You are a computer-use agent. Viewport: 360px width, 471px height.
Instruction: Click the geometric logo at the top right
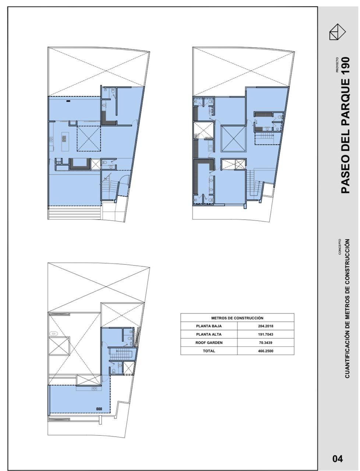click(337, 32)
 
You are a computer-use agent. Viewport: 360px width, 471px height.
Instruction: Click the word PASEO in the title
click(345, 176)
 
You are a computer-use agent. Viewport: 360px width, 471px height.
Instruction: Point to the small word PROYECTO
click(337, 65)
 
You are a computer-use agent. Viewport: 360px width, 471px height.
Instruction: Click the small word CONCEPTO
click(340, 247)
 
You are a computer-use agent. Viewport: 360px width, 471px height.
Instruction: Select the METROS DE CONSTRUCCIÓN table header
click(237, 318)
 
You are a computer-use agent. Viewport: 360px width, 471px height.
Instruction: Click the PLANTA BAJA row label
click(209, 326)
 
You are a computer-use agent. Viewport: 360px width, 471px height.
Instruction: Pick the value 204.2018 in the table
click(265, 326)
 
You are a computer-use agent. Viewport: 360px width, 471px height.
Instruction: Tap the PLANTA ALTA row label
click(209, 334)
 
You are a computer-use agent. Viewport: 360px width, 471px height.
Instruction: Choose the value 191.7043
click(265, 334)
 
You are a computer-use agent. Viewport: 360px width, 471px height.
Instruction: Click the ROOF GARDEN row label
click(209, 343)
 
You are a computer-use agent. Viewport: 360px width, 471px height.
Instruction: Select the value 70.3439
click(265, 343)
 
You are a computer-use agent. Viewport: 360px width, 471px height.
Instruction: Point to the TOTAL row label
click(209, 351)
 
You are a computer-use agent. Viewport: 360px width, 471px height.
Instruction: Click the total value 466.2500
click(265, 351)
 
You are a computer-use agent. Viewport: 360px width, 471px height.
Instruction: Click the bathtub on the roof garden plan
click(53, 334)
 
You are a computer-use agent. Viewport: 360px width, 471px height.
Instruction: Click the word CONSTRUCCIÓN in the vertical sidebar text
click(347, 263)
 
